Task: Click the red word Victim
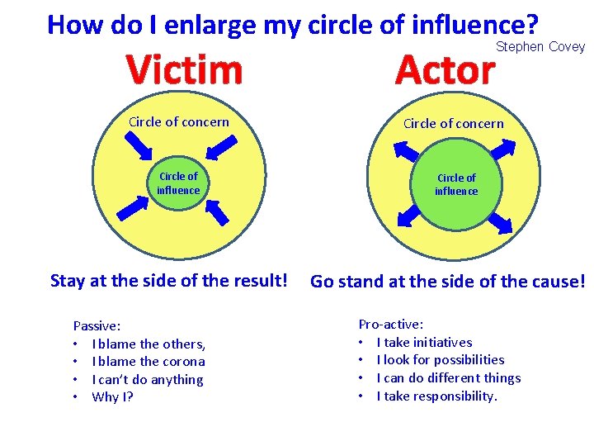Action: point(185,70)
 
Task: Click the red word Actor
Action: point(445,70)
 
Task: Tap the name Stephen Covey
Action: point(540,47)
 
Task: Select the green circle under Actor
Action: point(456,184)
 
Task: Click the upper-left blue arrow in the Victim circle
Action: point(138,145)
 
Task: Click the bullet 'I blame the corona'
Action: point(148,362)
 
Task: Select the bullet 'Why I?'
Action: point(113,397)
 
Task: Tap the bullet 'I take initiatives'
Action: point(424,342)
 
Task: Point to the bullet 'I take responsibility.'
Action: point(437,396)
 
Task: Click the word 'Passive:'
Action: point(97,326)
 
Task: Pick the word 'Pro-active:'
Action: point(391,325)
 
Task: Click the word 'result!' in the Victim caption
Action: point(262,281)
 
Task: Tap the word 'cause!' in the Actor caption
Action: point(557,282)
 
